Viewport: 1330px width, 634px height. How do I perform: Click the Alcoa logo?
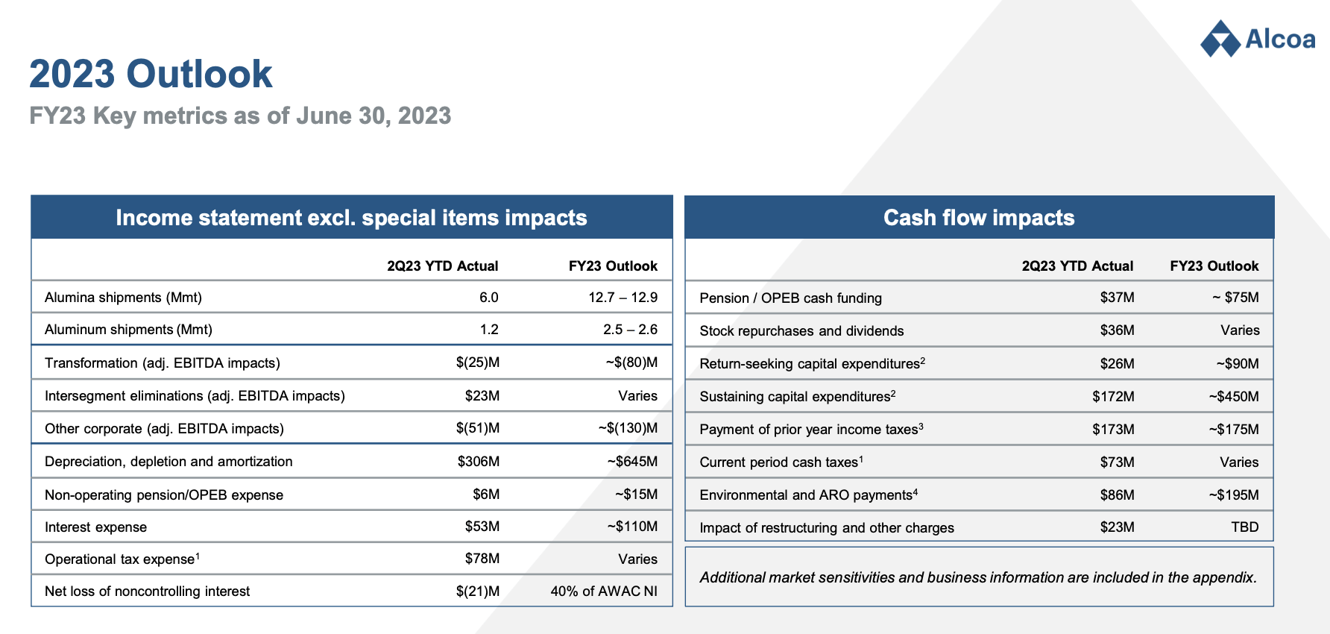1258,39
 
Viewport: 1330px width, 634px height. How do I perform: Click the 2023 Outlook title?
151,74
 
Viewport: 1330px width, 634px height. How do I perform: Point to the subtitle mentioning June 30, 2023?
240,116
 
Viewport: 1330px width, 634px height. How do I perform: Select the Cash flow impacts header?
979,217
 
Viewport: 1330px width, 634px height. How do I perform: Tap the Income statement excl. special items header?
351,217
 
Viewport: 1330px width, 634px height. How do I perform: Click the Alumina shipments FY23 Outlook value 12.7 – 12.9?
623,297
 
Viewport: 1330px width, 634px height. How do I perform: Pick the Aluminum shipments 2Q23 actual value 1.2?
489,329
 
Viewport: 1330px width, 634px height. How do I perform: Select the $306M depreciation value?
479,461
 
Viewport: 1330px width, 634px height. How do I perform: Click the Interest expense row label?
95,527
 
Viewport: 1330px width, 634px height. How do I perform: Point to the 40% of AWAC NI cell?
604,591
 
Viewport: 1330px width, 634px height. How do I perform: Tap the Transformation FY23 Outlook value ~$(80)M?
631,362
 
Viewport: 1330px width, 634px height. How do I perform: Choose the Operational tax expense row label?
122,559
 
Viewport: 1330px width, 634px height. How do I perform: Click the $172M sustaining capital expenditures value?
1113,396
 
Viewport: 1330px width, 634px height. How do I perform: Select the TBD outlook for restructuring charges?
1244,527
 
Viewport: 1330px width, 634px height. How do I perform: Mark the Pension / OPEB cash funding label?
790,298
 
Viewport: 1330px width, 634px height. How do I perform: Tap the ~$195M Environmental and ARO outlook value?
1234,495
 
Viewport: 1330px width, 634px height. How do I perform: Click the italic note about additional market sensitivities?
978,577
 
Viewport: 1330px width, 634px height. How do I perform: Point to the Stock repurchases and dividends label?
801,330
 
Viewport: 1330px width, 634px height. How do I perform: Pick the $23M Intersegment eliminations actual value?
482,395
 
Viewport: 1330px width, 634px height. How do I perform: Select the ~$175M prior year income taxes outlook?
1234,429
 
